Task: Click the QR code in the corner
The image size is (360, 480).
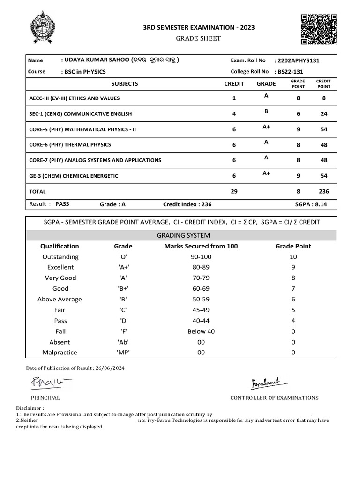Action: pyautogui.click(x=318, y=29)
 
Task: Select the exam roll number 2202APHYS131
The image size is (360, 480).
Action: pyautogui.click(x=299, y=60)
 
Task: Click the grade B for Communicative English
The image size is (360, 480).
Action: pyautogui.click(x=266, y=111)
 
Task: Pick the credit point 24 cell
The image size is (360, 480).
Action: pyautogui.click(x=323, y=114)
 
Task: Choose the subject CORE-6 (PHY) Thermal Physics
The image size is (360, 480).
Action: pyautogui.click(x=70, y=145)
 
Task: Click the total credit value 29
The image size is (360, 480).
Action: pyautogui.click(x=234, y=191)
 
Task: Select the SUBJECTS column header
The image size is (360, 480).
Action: pyautogui.click(x=125, y=84)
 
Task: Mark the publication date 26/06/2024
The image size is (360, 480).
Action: pyautogui.click(x=110, y=368)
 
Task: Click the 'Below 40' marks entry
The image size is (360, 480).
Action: pyautogui.click(x=201, y=331)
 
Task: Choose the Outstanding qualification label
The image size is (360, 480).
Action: pyautogui.click(x=60, y=257)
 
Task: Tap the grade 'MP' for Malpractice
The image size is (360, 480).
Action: pyautogui.click(x=123, y=352)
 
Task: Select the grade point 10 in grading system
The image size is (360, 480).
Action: pyautogui.click(x=293, y=257)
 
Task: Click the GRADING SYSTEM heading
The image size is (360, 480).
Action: pyautogui.click(x=181, y=235)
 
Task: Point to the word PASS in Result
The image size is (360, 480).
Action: pyautogui.click(x=62, y=204)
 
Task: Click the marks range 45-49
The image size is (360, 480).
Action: pyautogui.click(x=201, y=310)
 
